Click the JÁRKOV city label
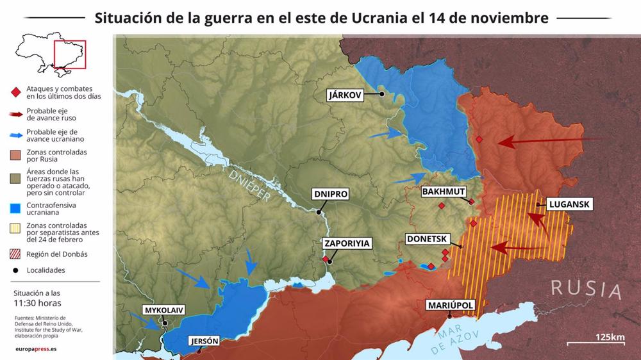point(345,95)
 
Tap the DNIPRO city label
point(330,193)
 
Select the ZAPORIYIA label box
point(347,243)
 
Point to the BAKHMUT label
point(443,192)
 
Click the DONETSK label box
point(427,240)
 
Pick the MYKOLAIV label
point(164,310)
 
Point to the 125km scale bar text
point(610,338)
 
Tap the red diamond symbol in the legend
point(15,92)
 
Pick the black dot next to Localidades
point(15,270)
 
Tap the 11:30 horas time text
point(37,303)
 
